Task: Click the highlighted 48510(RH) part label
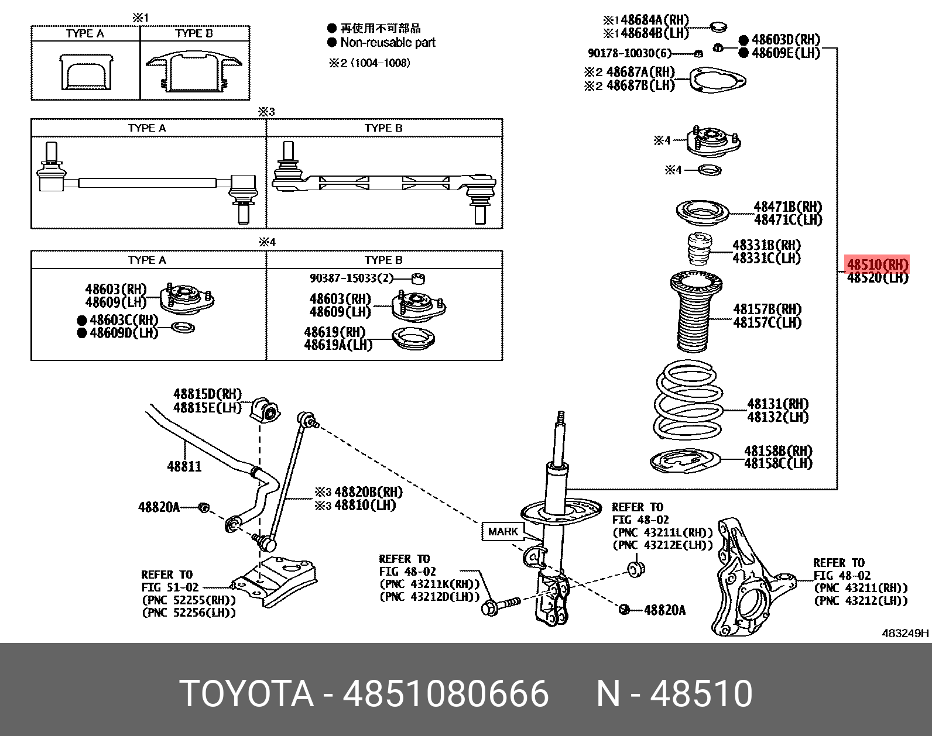878,264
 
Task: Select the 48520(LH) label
878,278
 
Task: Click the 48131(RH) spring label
777,404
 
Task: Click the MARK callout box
503,531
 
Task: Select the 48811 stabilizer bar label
184,466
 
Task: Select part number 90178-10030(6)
629,53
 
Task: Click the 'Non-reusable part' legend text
388,42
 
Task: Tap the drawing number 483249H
904,633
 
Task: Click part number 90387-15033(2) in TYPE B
351,278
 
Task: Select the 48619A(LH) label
338,345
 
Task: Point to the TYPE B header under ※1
194,33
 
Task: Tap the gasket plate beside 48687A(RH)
717,81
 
